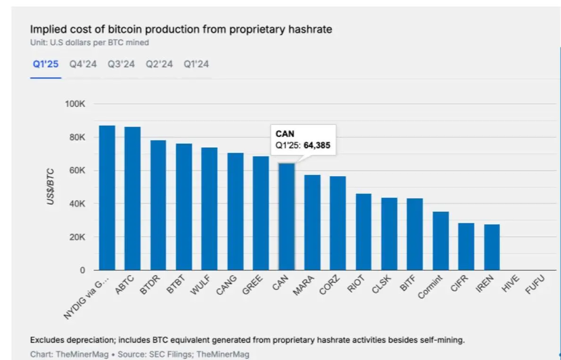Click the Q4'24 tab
[x=83, y=64]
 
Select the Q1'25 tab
[x=45, y=64]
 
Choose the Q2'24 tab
[x=159, y=64]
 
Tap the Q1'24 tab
[x=196, y=64]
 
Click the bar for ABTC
[x=132, y=198]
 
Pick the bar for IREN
[x=492, y=247]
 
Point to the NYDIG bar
[x=107, y=198]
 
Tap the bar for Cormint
[x=440, y=241]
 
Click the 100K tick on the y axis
[x=75, y=104]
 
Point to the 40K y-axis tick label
[x=76, y=204]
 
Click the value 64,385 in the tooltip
[x=317, y=146]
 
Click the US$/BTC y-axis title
[x=50, y=187]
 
